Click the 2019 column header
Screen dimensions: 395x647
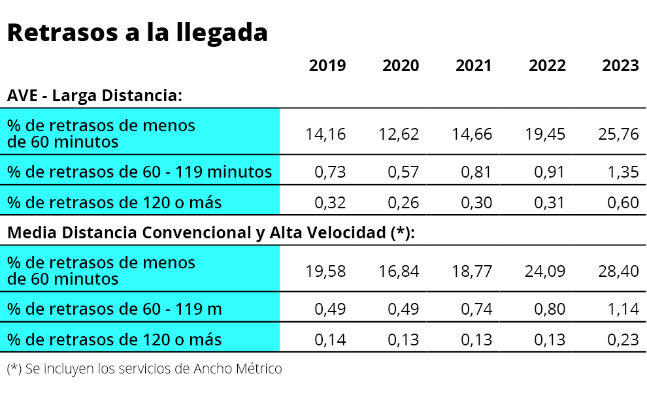pos(327,66)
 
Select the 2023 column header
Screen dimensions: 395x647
pos(620,66)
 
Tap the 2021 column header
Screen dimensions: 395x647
pos(474,66)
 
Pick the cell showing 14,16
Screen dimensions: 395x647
pos(325,134)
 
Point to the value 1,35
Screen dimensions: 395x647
pos(623,172)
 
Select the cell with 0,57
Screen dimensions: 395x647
pos(404,172)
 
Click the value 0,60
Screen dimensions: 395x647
pos(623,203)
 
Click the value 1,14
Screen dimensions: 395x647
pos(623,309)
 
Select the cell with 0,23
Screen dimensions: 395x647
pos(623,340)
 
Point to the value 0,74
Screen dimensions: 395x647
pos(477,309)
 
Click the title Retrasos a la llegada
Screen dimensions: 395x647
pos(137,33)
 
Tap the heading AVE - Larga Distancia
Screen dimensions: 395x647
pos(94,96)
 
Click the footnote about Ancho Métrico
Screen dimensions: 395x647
pos(144,369)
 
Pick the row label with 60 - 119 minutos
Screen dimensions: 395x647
pos(139,172)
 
